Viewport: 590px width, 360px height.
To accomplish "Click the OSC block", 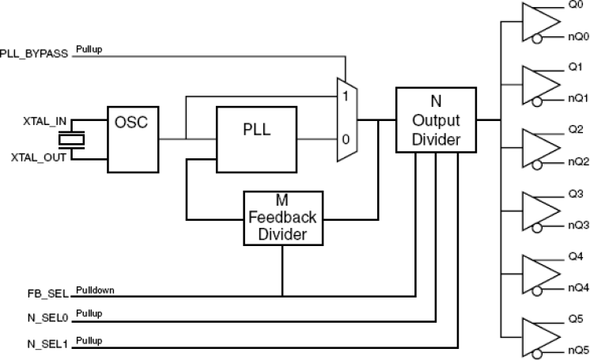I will point(132,139).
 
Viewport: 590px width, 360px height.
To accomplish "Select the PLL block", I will point(256,139).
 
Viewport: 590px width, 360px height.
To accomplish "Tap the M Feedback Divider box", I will point(283,217).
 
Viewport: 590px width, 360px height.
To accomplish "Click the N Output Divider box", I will point(435,119).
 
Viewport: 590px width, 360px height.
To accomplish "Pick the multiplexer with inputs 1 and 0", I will point(346,119).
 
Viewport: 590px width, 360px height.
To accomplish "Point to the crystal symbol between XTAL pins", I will point(74,139).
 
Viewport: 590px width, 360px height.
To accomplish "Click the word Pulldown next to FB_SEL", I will point(96,290).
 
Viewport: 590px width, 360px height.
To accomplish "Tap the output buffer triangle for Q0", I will point(538,21).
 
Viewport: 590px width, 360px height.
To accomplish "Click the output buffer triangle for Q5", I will point(538,335).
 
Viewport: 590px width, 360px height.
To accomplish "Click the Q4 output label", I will point(575,256).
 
